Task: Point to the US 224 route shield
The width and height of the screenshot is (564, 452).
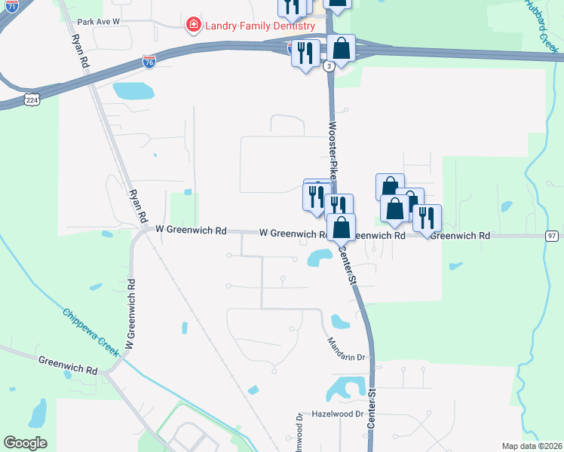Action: (x=31, y=99)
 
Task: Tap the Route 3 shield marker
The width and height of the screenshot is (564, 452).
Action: (x=329, y=66)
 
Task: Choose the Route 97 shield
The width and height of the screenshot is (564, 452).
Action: (x=553, y=236)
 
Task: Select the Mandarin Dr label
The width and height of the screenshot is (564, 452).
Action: (x=346, y=348)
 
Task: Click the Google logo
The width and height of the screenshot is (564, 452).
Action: (x=26, y=443)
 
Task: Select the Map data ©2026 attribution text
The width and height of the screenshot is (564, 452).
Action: (x=532, y=446)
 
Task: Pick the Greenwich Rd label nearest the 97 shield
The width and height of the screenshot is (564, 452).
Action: (x=461, y=236)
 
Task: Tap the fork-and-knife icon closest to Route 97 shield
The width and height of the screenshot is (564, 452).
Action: (x=427, y=217)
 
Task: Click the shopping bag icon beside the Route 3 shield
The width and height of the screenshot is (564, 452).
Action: (x=342, y=49)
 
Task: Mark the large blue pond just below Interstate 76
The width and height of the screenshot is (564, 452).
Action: (x=133, y=91)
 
